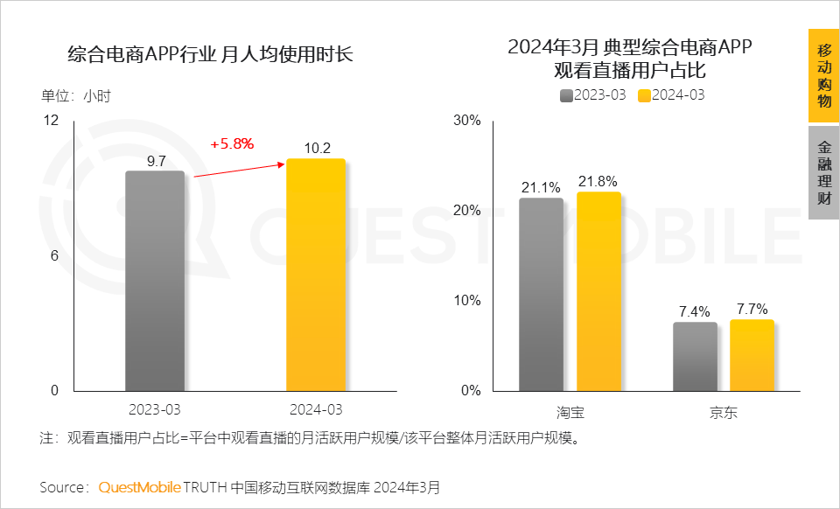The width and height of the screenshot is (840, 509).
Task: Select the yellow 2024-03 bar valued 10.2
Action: pos(316,275)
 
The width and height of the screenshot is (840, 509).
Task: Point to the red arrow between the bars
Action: pos(241,170)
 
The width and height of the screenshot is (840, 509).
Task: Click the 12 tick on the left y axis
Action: pos(52,121)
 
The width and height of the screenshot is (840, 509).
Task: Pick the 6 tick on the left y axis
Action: pos(54,255)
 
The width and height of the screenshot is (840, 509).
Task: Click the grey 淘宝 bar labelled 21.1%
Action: pos(541,294)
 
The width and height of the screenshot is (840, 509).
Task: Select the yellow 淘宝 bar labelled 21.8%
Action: pos(598,290)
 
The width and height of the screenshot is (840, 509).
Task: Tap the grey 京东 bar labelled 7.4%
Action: pos(695,356)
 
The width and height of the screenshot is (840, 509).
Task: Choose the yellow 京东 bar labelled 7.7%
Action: pos(752,354)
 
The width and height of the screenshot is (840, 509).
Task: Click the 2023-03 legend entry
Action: pos(593,95)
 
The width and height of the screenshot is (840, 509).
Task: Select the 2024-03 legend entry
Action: pos(671,95)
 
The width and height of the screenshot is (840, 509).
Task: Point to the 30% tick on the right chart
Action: pos(467,121)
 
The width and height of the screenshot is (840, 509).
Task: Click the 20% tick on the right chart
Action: pos(467,211)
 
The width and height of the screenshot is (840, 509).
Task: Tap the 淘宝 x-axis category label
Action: pos(570,412)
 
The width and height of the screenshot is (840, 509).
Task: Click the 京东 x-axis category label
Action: pos(723,412)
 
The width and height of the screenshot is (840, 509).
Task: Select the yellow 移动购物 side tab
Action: pos(823,75)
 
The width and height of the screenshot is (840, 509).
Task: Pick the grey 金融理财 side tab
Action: pos(823,172)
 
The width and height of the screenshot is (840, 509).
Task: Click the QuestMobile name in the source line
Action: pos(140,486)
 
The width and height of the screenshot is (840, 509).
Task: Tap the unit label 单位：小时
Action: pos(76,96)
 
